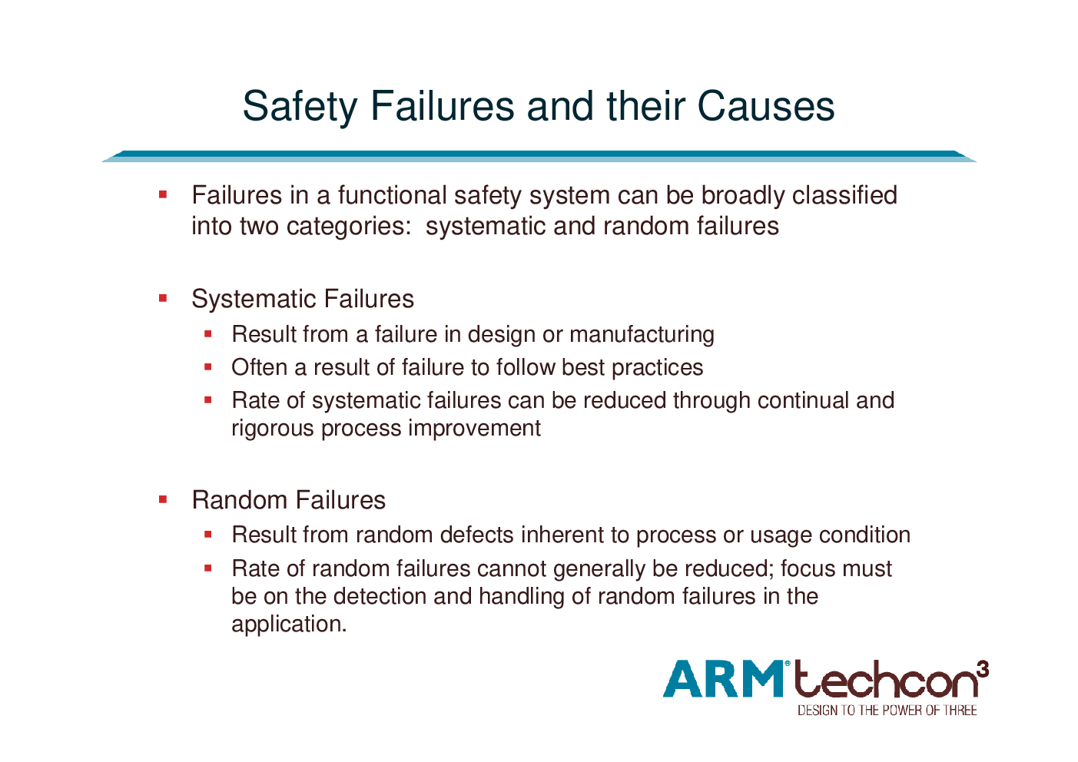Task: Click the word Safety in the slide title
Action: coord(300,107)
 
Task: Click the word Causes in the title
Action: coord(766,106)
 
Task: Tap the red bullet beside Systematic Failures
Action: coord(163,298)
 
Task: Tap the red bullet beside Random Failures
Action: coord(163,499)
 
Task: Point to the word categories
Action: coord(349,227)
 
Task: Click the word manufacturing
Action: coord(642,335)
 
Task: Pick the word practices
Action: coord(658,367)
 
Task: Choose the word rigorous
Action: coord(273,429)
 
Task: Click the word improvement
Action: coord(475,428)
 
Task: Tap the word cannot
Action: coord(512,568)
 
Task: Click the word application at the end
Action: coord(289,625)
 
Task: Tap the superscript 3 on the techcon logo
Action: coord(983,669)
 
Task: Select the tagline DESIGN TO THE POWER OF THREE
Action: coord(887,711)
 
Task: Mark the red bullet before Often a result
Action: coord(208,367)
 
